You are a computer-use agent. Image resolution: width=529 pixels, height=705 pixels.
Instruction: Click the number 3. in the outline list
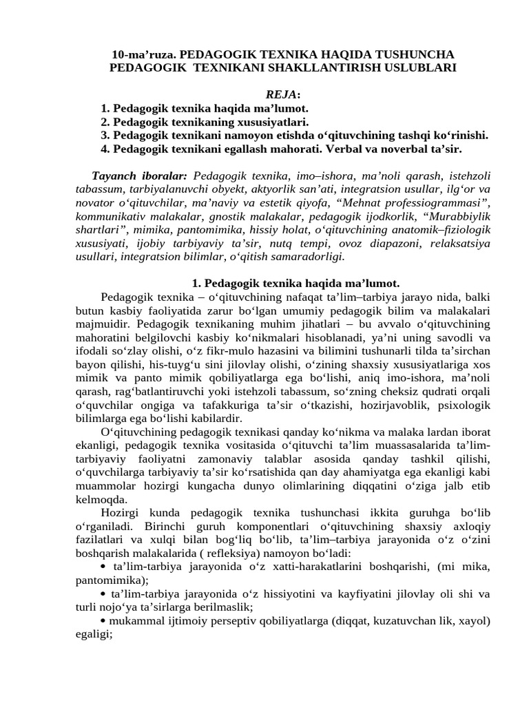105,136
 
